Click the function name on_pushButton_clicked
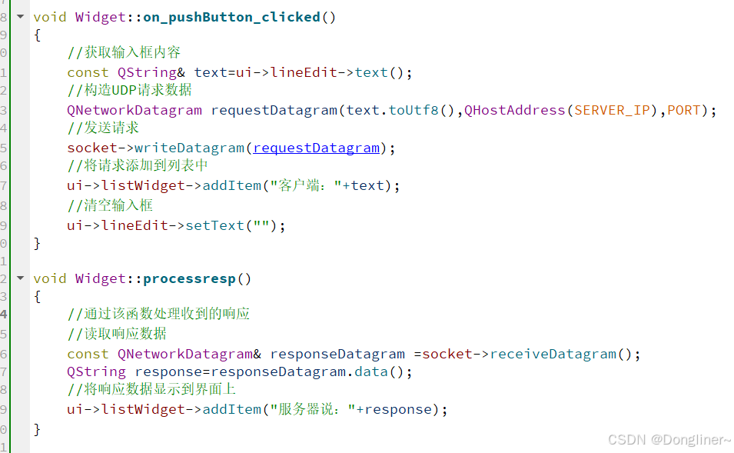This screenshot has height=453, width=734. coord(231,16)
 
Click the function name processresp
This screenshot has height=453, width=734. coord(198,278)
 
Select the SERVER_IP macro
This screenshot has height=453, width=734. coord(612,110)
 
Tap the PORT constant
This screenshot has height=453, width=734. coord(683,110)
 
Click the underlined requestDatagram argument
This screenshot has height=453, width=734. coord(317,148)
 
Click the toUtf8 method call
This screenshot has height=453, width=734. coord(413,110)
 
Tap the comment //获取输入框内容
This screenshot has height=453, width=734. coord(124,53)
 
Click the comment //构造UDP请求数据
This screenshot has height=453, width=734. coord(129,91)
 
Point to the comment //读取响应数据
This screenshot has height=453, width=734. coord(117,334)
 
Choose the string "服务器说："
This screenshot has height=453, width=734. coord(310,409)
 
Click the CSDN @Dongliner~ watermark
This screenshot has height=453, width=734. coord(669,439)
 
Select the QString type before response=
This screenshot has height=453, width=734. coord(96,372)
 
